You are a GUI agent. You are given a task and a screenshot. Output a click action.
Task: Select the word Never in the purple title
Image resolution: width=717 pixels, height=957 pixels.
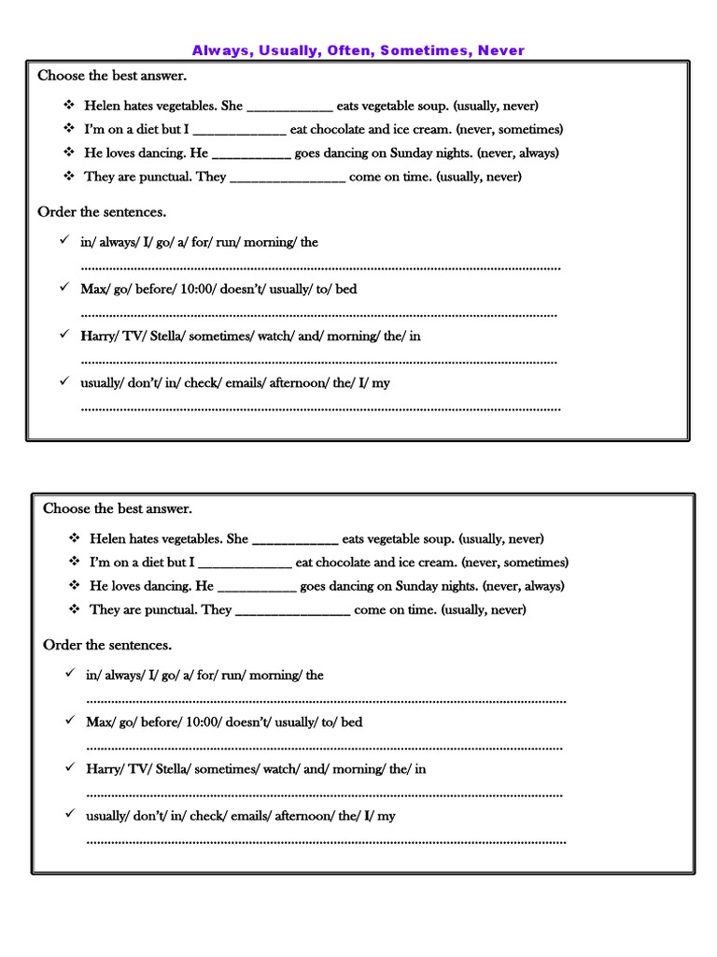click(x=501, y=50)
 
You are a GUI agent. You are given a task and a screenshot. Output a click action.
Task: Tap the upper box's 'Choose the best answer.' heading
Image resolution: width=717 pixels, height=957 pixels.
click(x=112, y=76)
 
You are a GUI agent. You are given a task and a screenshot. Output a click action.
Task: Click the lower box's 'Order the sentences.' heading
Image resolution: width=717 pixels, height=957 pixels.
click(x=107, y=645)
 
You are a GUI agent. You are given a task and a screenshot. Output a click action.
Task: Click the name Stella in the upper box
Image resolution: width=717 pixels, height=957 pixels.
click(x=164, y=336)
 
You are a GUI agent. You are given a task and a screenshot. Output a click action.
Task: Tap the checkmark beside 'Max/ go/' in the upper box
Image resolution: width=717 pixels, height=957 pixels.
click(x=63, y=287)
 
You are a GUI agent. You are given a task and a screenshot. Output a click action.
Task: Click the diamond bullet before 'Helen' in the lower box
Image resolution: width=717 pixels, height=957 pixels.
click(x=74, y=538)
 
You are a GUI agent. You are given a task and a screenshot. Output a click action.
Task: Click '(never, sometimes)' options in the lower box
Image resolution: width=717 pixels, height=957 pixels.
click(x=514, y=563)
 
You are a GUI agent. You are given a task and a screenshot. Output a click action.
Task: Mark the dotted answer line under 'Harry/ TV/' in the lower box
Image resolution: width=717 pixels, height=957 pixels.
click(x=324, y=794)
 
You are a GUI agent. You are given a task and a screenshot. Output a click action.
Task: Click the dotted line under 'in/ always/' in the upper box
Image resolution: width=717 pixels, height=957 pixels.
click(x=320, y=267)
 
